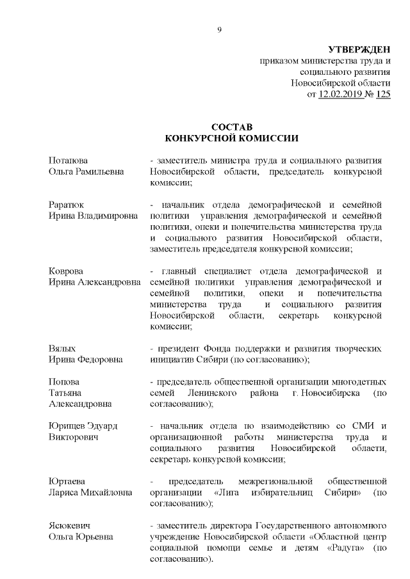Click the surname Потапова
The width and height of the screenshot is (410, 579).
point(69,160)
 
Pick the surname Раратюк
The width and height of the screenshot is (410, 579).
point(67,205)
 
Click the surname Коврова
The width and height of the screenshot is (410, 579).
point(66,271)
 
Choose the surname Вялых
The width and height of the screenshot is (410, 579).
point(62,349)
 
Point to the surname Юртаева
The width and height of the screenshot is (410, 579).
point(67,481)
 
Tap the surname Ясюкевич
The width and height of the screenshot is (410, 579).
point(69,525)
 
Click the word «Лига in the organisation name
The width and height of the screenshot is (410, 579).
point(224,493)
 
